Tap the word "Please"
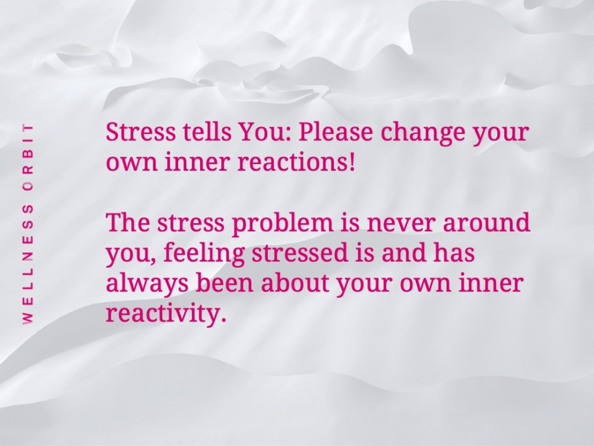pos(335,132)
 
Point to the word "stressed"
pos(299,253)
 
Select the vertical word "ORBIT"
pos(27,156)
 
